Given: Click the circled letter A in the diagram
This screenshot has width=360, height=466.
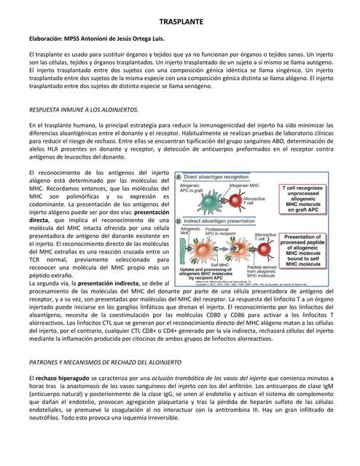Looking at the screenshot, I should (178, 177).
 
